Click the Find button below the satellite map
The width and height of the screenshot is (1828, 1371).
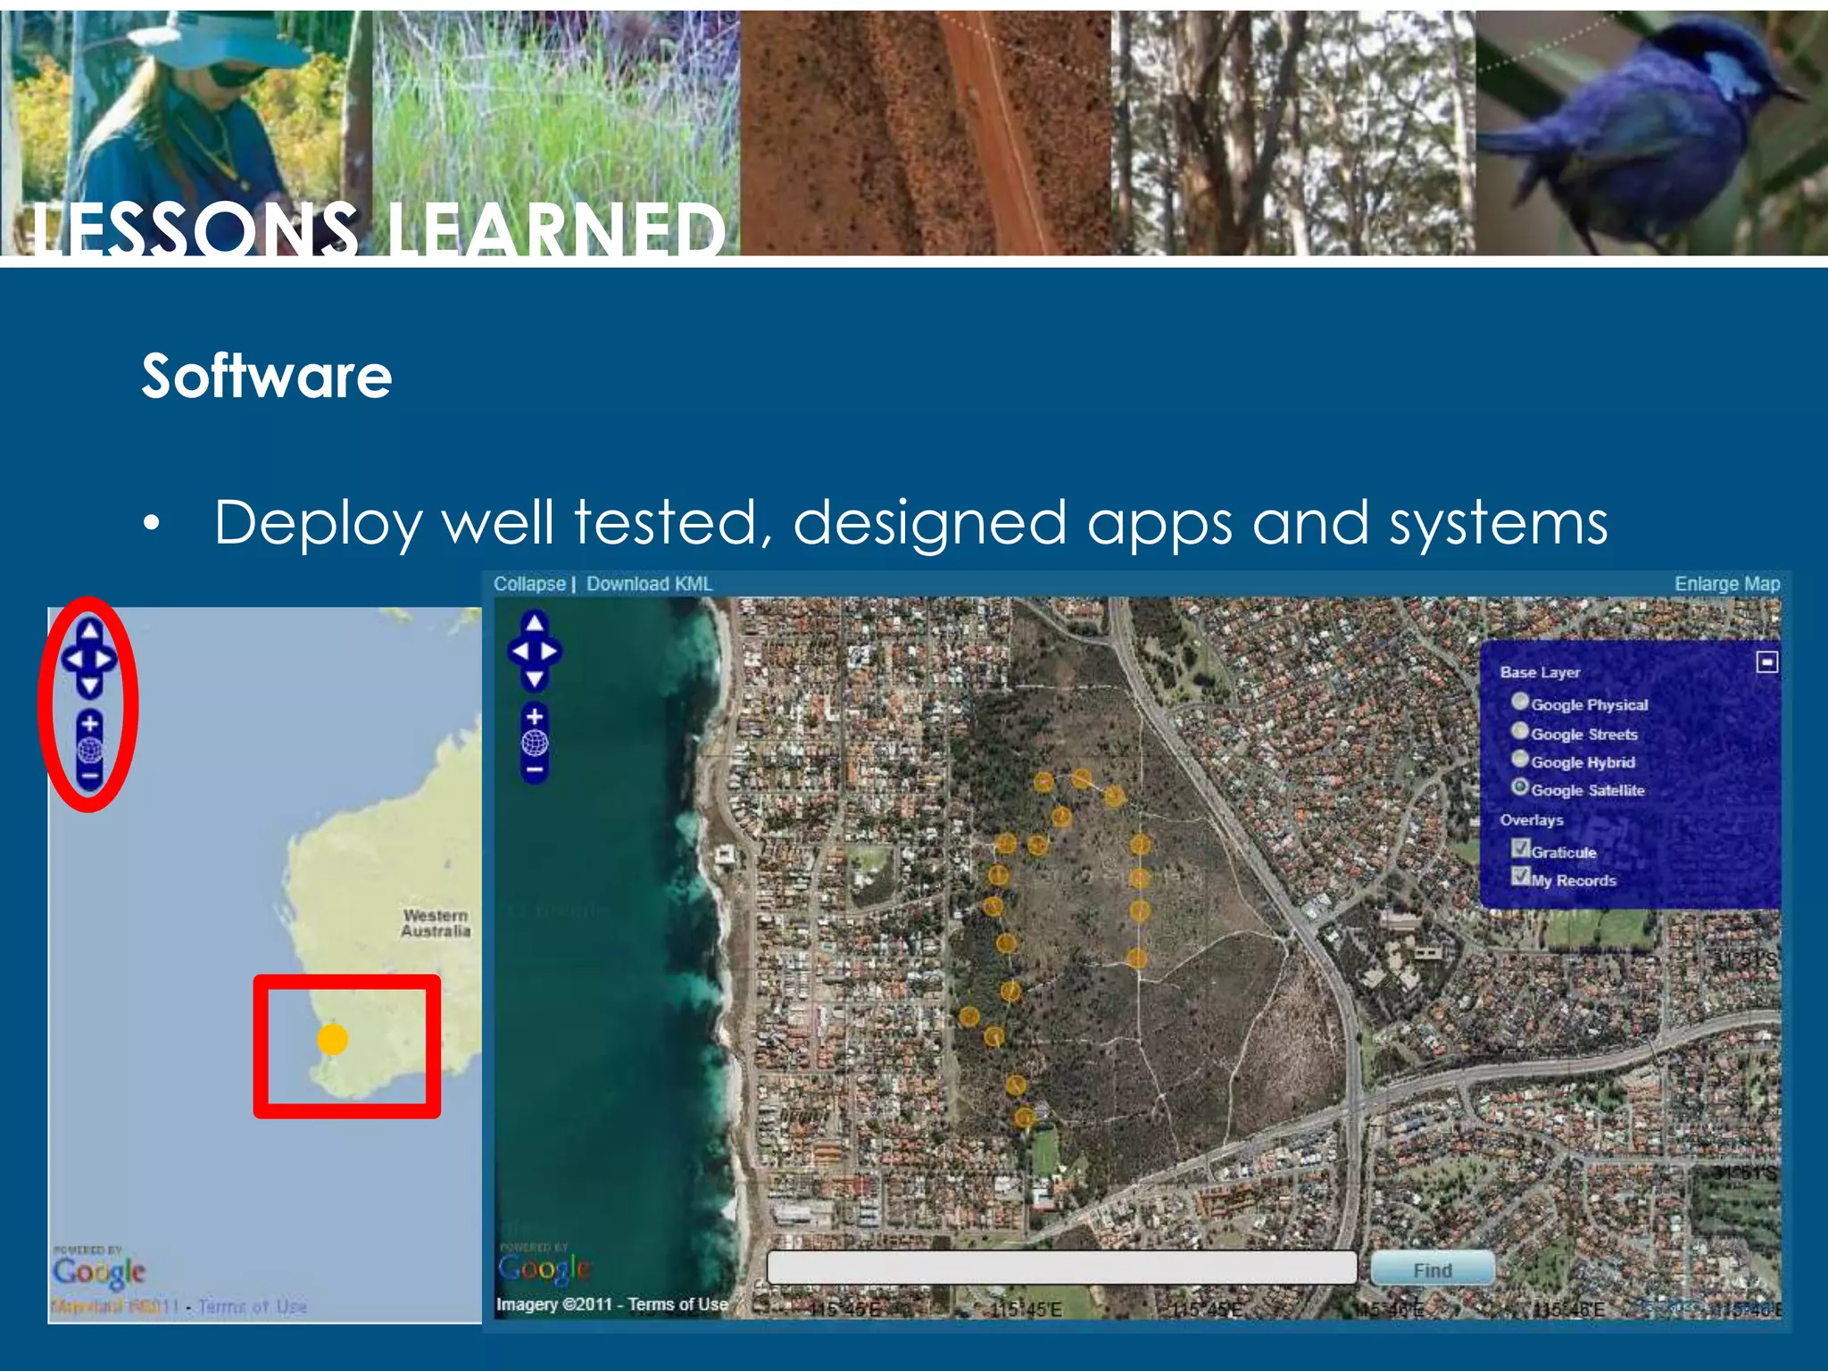1432,1268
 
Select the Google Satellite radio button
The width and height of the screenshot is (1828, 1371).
1520,787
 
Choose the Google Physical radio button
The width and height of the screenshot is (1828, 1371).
1520,702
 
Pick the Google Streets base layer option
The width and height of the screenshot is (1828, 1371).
1520,731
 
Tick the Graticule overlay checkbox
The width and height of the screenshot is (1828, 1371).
1521,849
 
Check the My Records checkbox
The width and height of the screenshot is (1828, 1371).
1521,877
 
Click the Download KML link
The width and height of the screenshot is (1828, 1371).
649,584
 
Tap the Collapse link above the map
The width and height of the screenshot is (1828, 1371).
529,584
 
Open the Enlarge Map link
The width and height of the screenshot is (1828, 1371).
1726,584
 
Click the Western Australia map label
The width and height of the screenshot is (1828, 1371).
436,923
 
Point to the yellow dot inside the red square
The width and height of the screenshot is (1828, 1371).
333,1039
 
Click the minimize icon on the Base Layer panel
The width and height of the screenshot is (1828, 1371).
1766,662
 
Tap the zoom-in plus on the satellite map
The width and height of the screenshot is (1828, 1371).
535,717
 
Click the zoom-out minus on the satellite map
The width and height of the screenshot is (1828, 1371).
535,769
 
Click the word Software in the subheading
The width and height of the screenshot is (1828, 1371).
267,376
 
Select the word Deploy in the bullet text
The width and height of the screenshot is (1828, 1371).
318,523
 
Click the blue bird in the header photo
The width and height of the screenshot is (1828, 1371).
1651,125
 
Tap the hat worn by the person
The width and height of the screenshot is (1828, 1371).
214,40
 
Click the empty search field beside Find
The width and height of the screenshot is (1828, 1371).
1061,1267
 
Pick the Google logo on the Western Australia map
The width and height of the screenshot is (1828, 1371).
98,1272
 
